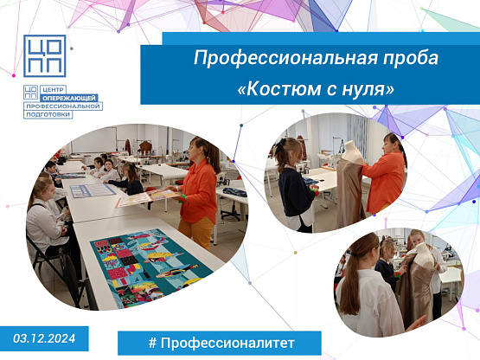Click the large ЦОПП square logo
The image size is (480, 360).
[x=45, y=55]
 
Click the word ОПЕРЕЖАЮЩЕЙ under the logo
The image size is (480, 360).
[x=69, y=98]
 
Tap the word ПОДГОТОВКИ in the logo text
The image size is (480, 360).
[x=48, y=114]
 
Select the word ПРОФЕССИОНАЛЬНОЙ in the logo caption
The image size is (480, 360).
[x=63, y=106]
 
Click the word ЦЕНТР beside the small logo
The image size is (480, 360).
[x=53, y=90]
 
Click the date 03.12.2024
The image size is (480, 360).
[x=44, y=338]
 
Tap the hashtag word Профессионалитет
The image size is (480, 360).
[x=227, y=344]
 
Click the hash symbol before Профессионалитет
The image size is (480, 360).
[x=152, y=343]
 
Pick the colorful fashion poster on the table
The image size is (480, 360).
[x=150, y=267]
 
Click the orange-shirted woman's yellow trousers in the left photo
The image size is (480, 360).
[x=196, y=232]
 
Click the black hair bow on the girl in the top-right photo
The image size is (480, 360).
[x=280, y=146]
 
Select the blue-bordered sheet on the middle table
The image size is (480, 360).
[x=93, y=190]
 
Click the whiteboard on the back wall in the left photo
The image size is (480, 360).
[x=94, y=139]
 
